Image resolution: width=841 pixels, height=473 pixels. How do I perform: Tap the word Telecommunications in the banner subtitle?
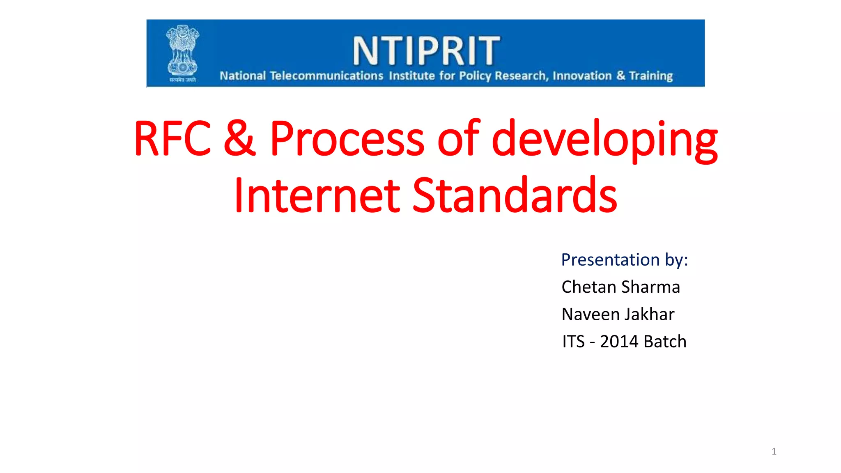(326, 76)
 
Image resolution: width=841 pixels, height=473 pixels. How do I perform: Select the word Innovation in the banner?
(582, 76)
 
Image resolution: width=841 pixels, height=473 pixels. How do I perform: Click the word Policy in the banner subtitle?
(475, 76)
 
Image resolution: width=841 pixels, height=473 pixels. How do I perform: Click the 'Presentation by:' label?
(624, 260)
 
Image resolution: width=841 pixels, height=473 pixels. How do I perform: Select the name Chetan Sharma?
(620, 287)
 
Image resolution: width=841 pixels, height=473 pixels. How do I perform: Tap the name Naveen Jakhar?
(618, 315)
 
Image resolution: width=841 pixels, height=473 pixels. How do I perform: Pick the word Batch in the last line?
(665, 342)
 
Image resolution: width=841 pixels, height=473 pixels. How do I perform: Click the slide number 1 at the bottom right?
(774, 452)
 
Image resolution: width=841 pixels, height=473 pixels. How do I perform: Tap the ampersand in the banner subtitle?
(620, 76)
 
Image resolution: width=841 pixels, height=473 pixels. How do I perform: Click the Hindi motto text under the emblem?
(183, 80)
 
